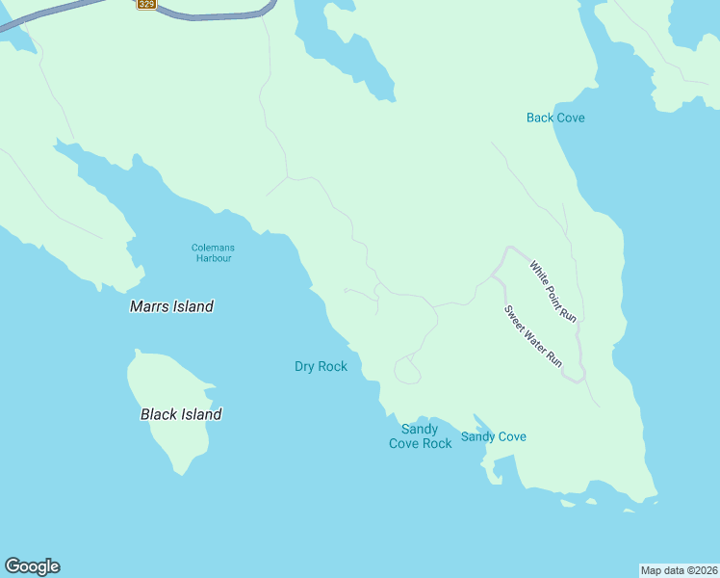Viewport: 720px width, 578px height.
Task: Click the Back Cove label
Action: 555,118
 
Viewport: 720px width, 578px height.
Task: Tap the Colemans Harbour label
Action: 213,253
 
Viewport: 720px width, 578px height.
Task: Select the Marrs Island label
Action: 171,306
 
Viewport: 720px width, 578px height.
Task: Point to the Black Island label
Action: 181,414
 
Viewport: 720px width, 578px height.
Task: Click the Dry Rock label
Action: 321,366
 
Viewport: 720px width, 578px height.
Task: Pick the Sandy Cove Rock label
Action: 420,436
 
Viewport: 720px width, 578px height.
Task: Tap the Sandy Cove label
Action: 493,436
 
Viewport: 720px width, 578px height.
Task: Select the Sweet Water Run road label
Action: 533,335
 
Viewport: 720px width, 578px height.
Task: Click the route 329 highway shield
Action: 146,4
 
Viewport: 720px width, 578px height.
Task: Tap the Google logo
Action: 32,566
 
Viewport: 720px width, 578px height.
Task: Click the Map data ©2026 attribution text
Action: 680,569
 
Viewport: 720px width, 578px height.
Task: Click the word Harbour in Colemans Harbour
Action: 213,259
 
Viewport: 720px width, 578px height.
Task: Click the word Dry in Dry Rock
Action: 305,366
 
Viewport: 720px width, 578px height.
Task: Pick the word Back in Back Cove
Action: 540,118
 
